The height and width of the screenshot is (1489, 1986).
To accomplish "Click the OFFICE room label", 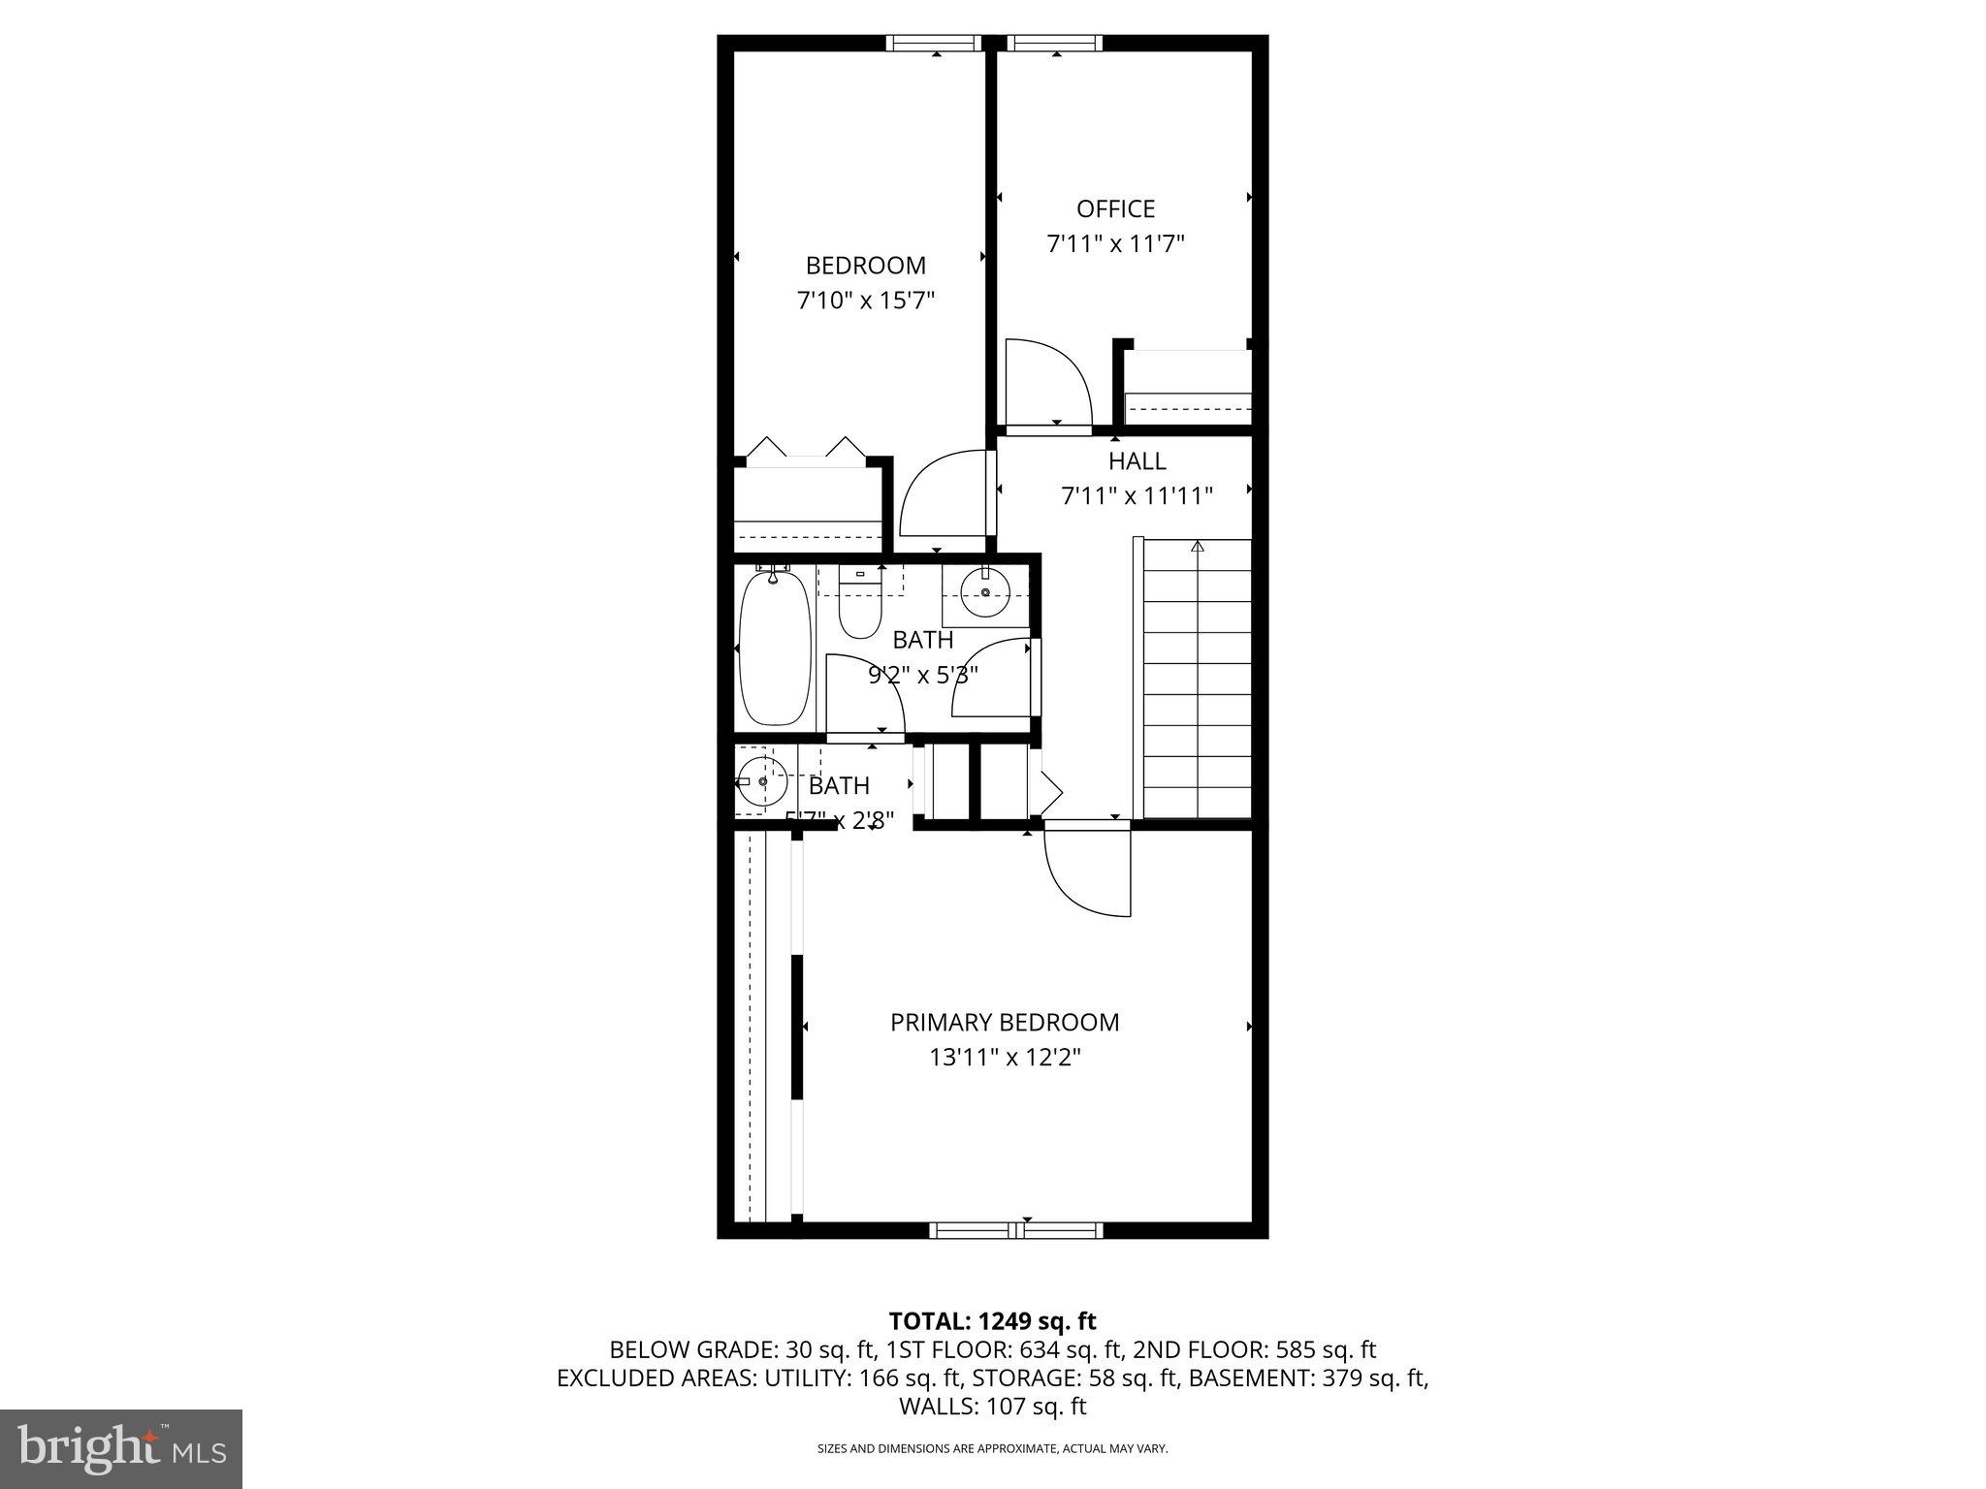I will (1115, 208).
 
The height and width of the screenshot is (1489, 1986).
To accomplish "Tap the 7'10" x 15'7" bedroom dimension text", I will (865, 301).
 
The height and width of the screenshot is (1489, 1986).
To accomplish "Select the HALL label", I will (1137, 461).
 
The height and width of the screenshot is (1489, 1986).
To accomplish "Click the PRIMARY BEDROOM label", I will (1005, 1022).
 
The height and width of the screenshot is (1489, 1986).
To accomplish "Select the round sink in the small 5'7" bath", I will (762, 781).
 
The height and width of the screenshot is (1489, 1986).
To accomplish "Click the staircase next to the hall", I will (1198, 679).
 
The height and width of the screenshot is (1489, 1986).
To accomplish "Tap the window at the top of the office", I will (1055, 43).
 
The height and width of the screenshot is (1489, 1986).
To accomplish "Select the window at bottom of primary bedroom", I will (1016, 1230).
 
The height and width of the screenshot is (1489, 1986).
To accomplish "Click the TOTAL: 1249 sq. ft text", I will (992, 1320).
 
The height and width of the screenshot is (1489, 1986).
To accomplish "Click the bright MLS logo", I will (121, 1449).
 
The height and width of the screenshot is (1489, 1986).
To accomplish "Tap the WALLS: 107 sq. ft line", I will (992, 1407).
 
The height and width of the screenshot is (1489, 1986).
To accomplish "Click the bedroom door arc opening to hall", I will (943, 494).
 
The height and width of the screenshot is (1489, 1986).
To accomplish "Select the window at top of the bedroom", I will (935, 43).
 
